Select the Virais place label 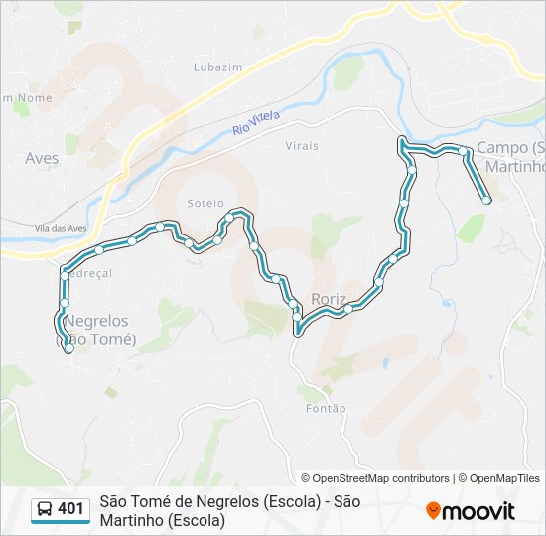(x=302, y=146)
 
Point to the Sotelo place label (x=205, y=203)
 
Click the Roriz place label (x=328, y=298)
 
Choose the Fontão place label (x=327, y=408)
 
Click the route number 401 (x=70, y=509)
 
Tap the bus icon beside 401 (x=45, y=510)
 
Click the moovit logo (x=471, y=511)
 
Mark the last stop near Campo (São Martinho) (x=486, y=201)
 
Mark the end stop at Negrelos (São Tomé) (x=68, y=348)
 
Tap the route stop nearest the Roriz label (x=347, y=309)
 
